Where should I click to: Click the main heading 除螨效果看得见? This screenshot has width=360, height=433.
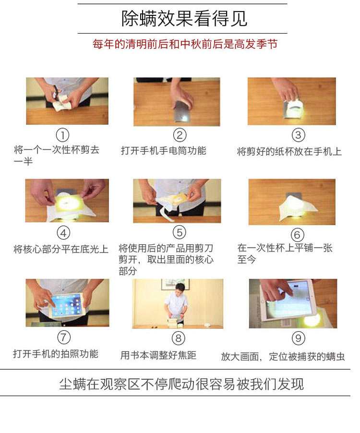184,19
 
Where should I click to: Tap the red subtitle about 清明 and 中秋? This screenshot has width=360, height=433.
185,44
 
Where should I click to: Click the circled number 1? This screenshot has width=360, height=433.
62,135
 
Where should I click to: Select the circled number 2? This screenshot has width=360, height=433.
180,135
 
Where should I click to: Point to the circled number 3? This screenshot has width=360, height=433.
299,135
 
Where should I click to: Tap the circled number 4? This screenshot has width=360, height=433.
63,233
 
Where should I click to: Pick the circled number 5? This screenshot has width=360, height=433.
180,232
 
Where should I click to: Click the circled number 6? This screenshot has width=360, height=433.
297,235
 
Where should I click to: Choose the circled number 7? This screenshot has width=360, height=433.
64,337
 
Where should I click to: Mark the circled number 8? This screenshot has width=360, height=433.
179,338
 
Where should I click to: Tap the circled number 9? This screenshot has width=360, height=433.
299,338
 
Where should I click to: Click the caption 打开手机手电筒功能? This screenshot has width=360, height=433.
163,151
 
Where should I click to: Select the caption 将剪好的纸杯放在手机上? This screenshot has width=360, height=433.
289,152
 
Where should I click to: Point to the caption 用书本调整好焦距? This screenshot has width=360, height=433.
158,355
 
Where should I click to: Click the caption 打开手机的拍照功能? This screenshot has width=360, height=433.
56,354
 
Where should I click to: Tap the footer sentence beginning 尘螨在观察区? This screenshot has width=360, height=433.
181,384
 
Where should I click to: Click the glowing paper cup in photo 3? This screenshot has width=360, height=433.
294,110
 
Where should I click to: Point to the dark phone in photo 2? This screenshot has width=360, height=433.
181,111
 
